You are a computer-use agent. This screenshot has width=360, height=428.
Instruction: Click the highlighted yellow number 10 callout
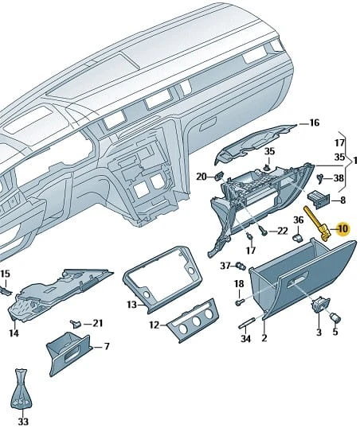point(342,228)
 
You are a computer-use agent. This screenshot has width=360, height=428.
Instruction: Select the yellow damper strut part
point(317,224)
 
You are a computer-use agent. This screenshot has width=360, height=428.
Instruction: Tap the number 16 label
point(314,123)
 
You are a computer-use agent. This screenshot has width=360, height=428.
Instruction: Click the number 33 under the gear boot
point(24,422)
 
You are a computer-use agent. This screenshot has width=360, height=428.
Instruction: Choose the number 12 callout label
point(155,325)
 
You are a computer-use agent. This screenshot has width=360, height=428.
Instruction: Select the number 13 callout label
point(131,305)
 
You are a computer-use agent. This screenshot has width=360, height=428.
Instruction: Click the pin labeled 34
point(246,322)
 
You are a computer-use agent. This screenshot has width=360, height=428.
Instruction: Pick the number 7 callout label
point(107,347)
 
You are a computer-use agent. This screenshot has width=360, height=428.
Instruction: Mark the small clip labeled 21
point(76,324)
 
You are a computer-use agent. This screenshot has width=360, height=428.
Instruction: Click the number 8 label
point(342,200)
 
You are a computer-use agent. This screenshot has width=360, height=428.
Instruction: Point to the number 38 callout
point(338,178)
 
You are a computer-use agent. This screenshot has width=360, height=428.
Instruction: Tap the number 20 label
point(202,177)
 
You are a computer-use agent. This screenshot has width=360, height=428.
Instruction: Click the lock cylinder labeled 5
point(335,317)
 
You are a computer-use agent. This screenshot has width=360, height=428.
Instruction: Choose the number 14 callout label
point(14,333)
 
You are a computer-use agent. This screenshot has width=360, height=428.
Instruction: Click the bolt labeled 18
point(240,302)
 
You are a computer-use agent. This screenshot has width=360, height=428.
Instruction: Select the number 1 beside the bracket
point(355,161)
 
